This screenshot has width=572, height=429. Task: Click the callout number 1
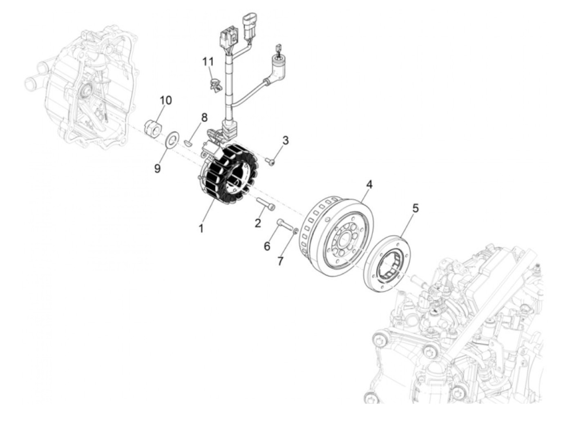click(x=201, y=228)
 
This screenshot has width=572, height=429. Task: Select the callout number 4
click(x=369, y=184)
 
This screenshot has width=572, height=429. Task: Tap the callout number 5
click(x=415, y=208)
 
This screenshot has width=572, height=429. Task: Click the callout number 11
click(x=208, y=62)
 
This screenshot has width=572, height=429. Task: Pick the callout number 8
click(x=204, y=117)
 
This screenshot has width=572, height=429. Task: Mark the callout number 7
click(x=280, y=261)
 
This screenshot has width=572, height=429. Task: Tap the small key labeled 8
click(x=188, y=143)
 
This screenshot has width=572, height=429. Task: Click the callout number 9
click(x=158, y=168)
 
